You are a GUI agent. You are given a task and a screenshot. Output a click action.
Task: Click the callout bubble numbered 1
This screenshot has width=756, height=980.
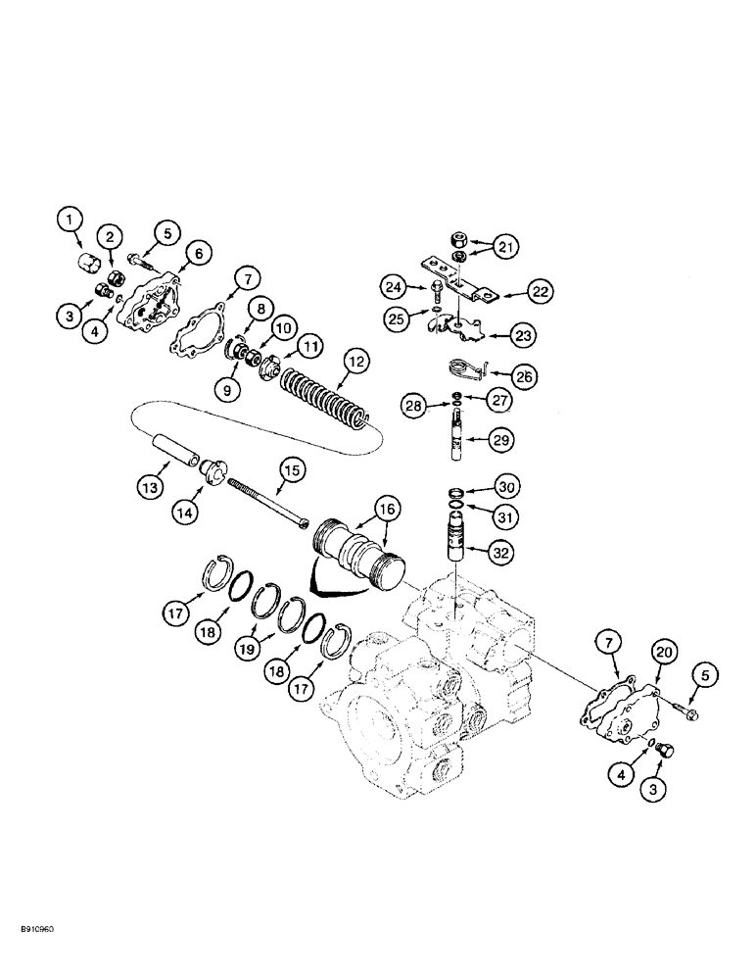[x=70, y=221]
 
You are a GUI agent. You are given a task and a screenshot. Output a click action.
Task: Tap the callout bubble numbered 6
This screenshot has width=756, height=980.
[x=195, y=254]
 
